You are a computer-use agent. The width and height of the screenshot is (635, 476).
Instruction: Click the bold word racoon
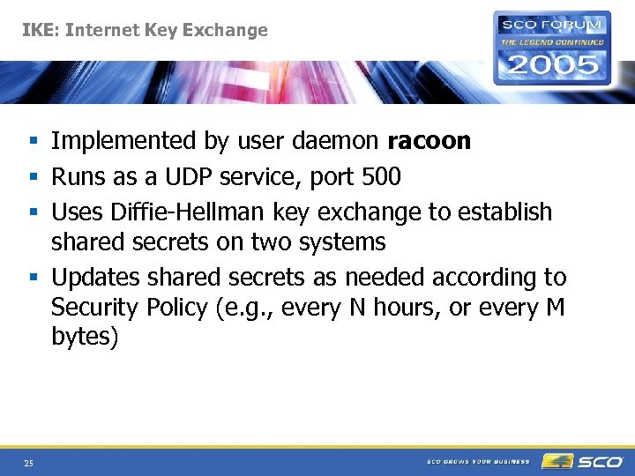(x=429, y=141)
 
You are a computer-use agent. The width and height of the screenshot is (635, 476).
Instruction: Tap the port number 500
(x=381, y=177)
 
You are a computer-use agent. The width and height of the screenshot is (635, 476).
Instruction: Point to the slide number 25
(x=29, y=463)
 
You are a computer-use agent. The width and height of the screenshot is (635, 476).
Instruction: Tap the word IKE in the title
(x=40, y=30)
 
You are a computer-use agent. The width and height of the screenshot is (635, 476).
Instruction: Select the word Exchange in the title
(x=224, y=30)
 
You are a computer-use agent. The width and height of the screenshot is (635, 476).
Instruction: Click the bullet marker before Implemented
(x=32, y=141)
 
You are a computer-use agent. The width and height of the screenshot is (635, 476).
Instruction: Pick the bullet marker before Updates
(x=32, y=279)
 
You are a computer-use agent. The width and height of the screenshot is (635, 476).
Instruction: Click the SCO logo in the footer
(x=582, y=461)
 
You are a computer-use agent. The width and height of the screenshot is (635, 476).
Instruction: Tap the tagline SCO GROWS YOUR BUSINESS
(x=479, y=462)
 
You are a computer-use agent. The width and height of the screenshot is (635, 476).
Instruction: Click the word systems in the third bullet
(x=342, y=242)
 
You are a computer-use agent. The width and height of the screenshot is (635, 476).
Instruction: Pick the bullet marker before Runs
(x=32, y=178)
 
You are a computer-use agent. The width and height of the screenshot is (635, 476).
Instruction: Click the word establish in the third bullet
(x=505, y=212)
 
